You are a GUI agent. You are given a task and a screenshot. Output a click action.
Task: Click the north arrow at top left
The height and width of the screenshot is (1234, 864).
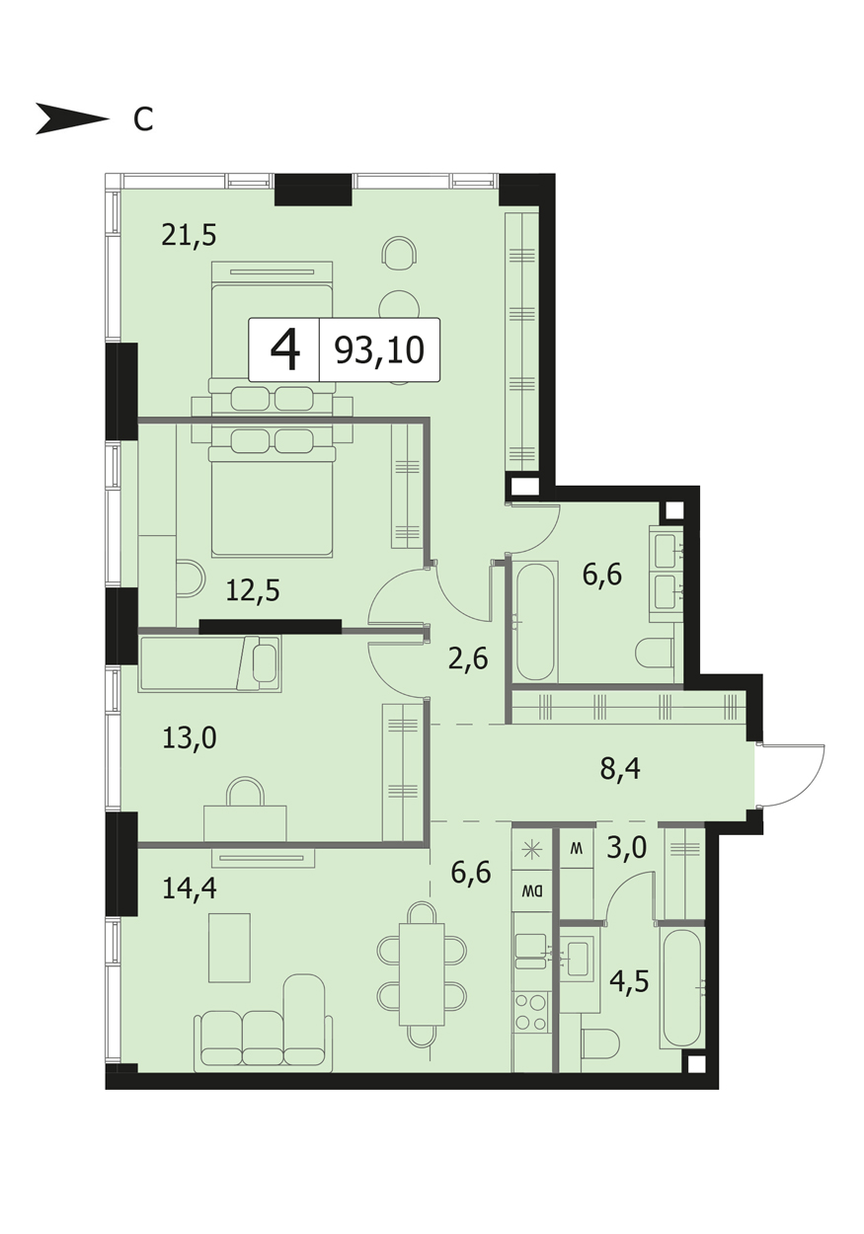pyautogui.click(x=72, y=118)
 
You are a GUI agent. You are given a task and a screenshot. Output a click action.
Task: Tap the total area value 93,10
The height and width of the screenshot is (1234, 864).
pyautogui.click(x=379, y=350)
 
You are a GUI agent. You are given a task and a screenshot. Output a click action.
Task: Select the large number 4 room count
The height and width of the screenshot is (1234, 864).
pyautogui.click(x=285, y=350)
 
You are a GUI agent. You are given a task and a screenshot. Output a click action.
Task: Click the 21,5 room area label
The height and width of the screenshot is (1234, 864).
pyautogui.click(x=189, y=235)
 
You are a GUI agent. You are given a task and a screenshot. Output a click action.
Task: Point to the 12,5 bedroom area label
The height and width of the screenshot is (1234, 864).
pyautogui.click(x=253, y=590)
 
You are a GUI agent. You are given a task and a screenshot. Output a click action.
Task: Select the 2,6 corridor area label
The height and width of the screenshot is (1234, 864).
pyautogui.click(x=468, y=658)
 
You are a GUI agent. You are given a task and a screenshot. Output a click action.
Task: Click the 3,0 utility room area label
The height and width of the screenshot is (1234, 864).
pyautogui.click(x=626, y=848)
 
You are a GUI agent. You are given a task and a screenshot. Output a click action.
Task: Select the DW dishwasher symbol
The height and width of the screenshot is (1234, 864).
pyautogui.click(x=532, y=890)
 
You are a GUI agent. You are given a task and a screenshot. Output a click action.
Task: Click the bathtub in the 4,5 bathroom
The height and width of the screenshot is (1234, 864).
pyautogui.click(x=682, y=986)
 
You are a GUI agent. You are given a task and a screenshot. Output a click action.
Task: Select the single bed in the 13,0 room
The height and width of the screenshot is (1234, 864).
pyautogui.click(x=209, y=663)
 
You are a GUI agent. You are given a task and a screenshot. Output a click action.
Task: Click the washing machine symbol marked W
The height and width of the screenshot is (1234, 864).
pyautogui.click(x=577, y=848)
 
